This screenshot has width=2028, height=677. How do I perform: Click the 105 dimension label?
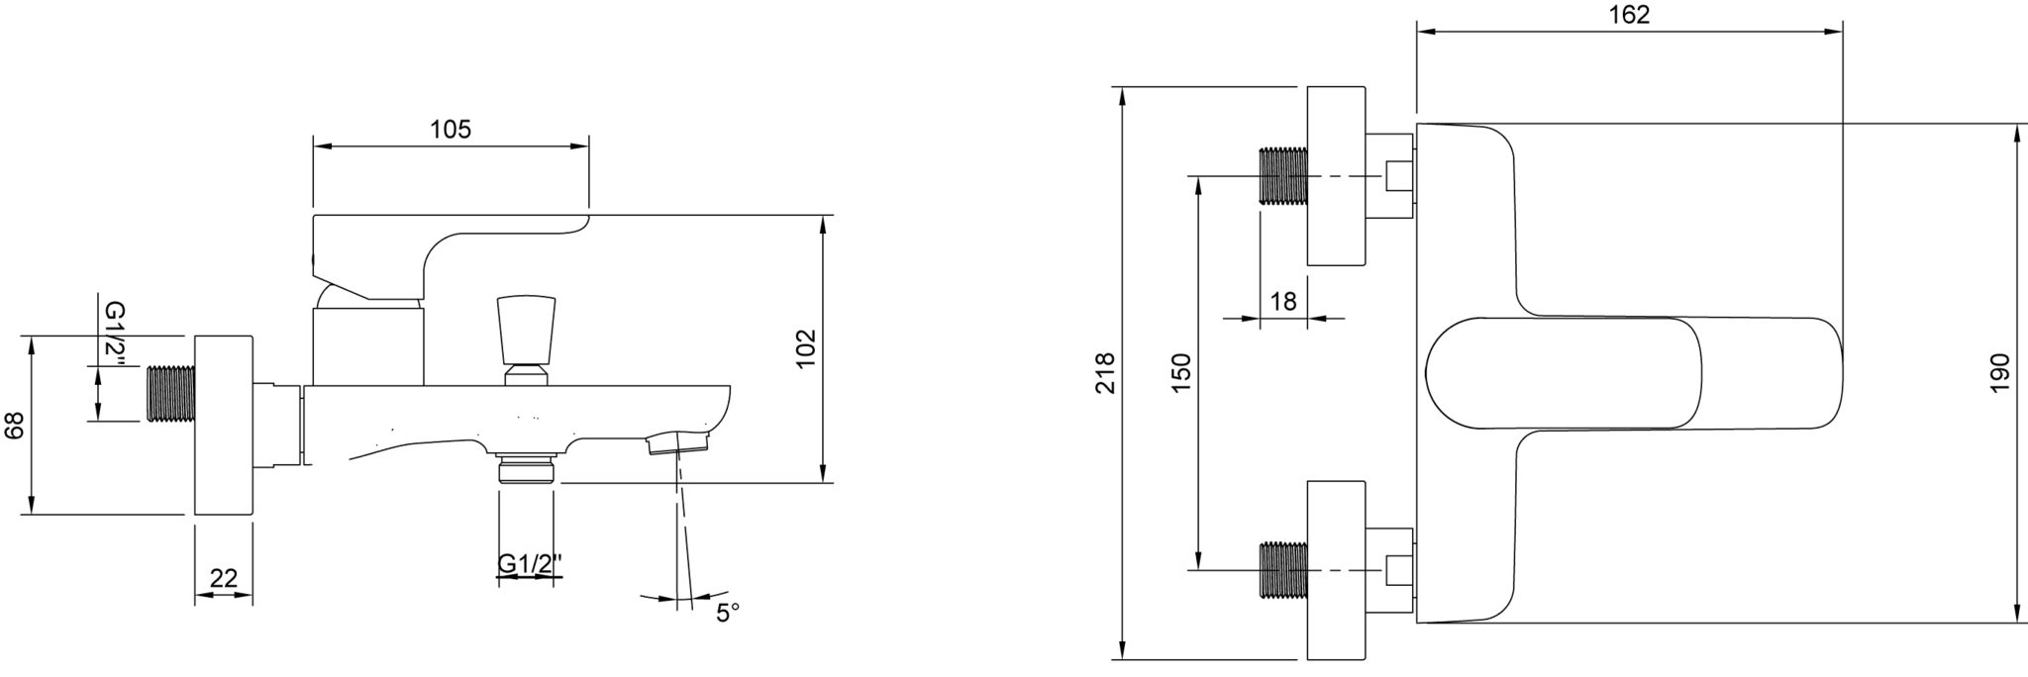pyautogui.click(x=452, y=131)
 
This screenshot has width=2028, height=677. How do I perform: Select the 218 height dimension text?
pyautogui.click(x=1107, y=373)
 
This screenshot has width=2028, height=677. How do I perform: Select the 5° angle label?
pyautogui.click(x=727, y=614)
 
